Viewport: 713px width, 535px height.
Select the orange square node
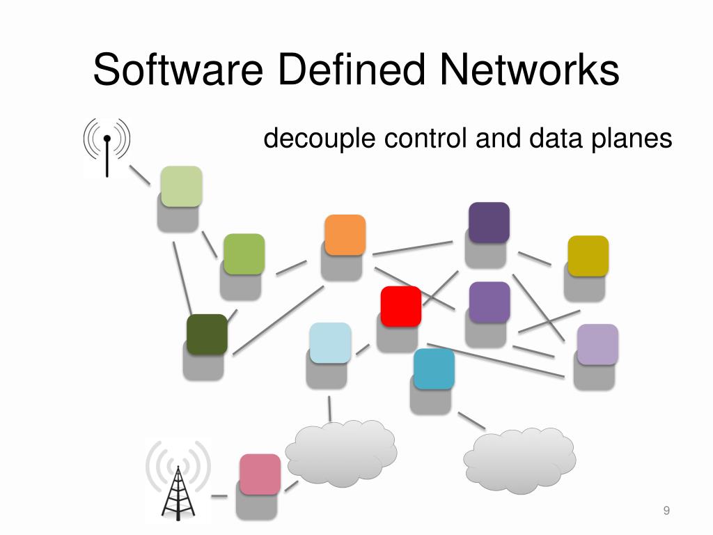[345, 235]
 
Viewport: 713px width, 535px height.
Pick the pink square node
[260, 474]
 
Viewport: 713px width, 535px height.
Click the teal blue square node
[434, 369]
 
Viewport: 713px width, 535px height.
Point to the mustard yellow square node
[588, 256]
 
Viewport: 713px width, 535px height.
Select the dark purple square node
[489, 222]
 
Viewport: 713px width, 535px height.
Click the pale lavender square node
[597, 344]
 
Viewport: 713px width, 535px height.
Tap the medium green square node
[244, 254]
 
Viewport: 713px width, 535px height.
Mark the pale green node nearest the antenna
[181, 186]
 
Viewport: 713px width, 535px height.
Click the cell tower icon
[178, 480]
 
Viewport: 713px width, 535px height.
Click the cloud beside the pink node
[341, 453]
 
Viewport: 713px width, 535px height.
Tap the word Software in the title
[177, 71]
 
